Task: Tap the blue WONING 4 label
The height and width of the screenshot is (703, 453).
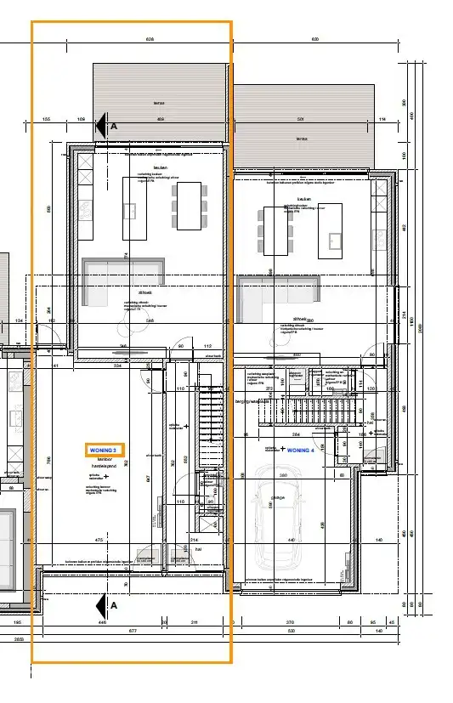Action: [x=301, y=450]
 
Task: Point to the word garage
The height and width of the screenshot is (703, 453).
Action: [x=278, y=498]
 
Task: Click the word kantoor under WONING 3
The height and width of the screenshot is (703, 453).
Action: [x=105, y=459]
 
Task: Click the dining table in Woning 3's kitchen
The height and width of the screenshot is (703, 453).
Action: [x=189, y=205]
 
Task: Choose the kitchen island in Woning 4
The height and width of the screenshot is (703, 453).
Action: [x=331, y=230]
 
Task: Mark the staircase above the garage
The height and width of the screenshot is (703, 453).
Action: [x=304, y=412]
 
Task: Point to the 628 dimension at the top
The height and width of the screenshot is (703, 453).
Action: [x=150, y=40]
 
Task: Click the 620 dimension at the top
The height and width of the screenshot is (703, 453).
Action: [x=314, y=40]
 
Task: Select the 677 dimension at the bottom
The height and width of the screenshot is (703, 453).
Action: [x=133, y=631]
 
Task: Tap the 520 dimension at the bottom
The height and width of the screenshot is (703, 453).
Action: [x=291, y=631]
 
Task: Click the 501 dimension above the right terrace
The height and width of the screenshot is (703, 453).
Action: [x=301, y=119]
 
